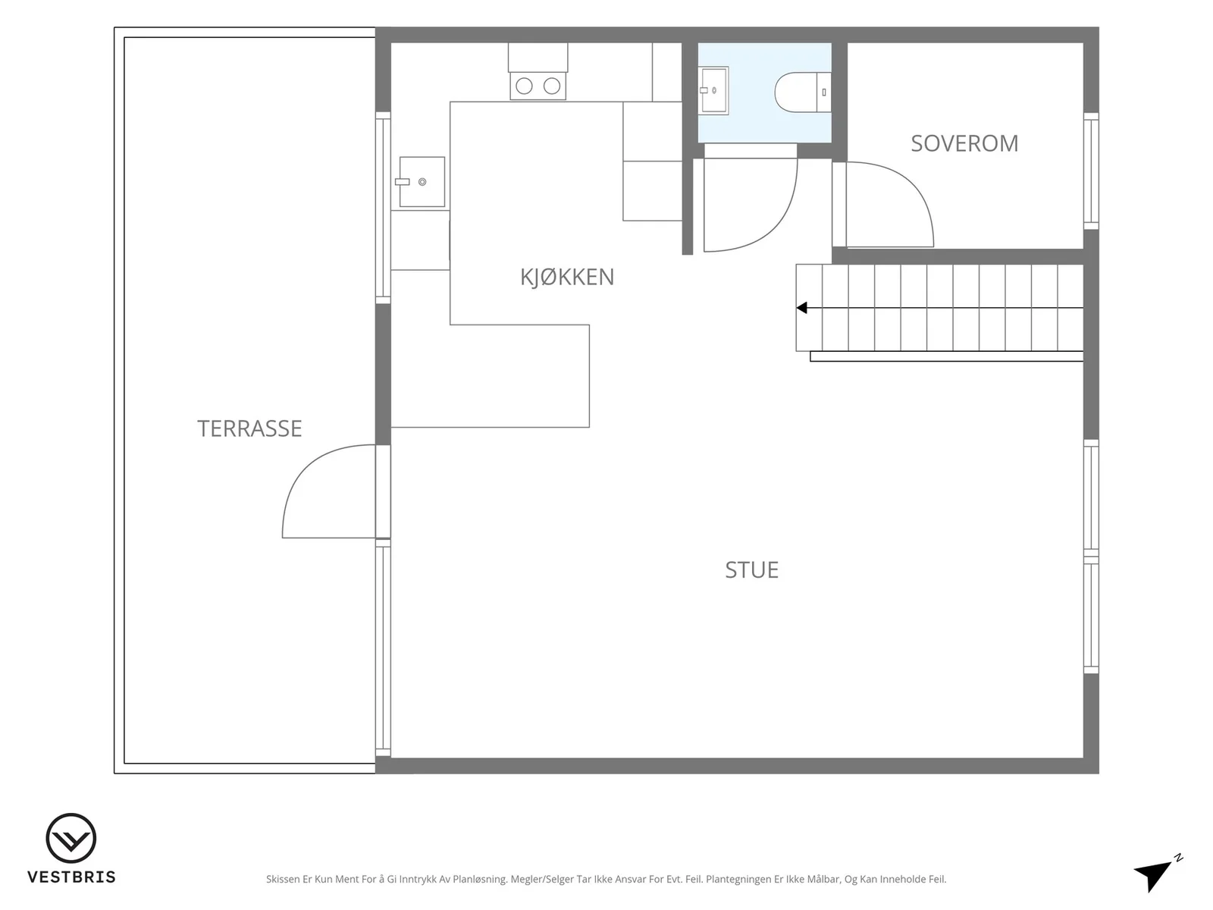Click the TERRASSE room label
(249, 428)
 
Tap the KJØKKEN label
(567, 277)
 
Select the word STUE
(751, 570)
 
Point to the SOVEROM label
(964, 143)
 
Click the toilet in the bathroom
(802, 93)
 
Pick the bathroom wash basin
(713, 90)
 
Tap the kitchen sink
(422, 182)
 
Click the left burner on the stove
(524, 86)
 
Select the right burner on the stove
(551, 86)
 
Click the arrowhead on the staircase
(802, 308)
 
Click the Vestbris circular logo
(71, 838)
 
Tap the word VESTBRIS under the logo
(71, 877)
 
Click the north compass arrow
(1154, 874)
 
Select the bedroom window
(1091, 171)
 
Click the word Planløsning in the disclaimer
(479, 879)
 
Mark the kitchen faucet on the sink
(403, 182)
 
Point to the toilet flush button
(824, 93)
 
